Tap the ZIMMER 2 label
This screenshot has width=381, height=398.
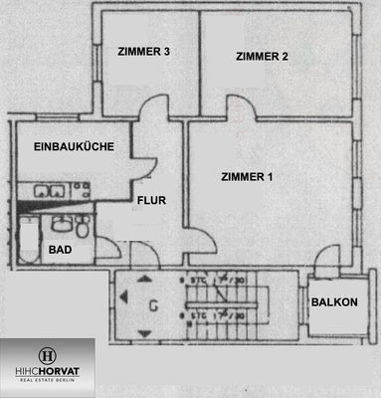262,57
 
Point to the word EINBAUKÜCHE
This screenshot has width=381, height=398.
68,146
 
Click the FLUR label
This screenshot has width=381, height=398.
150,200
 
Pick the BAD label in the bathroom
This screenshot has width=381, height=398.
61,250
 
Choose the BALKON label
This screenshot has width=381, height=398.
332,301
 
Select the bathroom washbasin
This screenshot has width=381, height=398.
63,225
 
